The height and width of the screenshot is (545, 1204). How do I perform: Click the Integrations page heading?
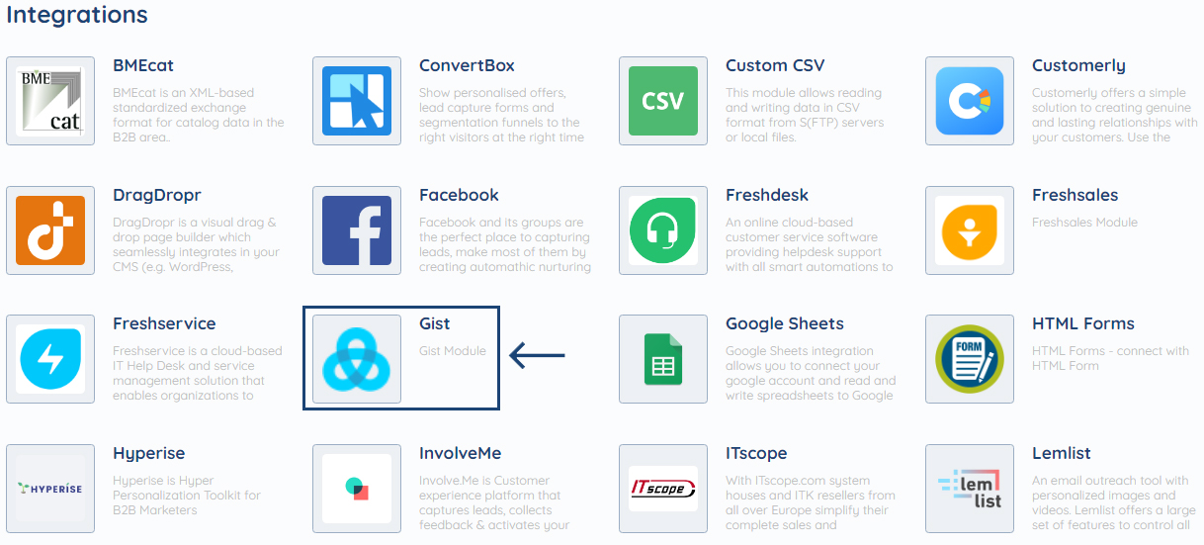(77, 15)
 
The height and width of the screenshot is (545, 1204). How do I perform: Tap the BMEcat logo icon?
(50, 102)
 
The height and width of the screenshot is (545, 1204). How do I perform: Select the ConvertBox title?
(467, 66)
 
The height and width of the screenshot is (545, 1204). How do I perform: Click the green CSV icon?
(663, 102)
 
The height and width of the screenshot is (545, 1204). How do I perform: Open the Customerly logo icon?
(970, 102)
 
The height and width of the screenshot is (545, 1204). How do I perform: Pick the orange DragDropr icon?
(50, 230)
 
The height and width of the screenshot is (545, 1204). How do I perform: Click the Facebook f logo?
(357, 230)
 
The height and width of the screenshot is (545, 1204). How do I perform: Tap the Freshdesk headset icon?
(663, 230)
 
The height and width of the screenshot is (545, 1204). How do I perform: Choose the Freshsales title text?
(1075, 195)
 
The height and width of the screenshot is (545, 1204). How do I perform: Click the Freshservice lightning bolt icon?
(50, 359)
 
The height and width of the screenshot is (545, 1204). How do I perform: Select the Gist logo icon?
(357, 359)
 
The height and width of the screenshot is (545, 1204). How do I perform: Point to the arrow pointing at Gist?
(537, 355)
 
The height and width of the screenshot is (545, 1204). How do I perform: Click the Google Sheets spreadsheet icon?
(663, 359)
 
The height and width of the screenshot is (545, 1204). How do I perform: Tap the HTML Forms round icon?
(970, 359)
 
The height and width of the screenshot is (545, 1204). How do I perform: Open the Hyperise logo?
(50, 489)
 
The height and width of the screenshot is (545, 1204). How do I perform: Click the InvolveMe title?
(460, 453)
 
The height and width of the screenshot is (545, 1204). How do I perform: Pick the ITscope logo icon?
(663, 489)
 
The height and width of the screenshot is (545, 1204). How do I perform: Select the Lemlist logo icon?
(970, 489)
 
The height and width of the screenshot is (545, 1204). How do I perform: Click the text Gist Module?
(453, 351)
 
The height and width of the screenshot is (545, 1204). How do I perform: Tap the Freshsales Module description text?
(1084, 223)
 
